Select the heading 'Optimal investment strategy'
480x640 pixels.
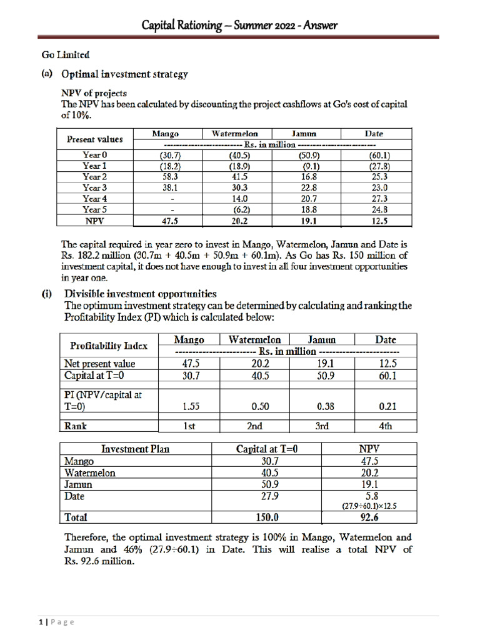click(124, 74)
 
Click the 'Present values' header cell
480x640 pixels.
click(95, 139)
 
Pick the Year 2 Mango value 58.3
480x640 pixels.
click(168, 177)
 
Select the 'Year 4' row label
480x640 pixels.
click(95, 199)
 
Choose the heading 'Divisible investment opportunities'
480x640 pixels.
click(141, 293)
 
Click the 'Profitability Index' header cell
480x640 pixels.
click(109, 345)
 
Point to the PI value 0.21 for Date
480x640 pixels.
click(386, 406)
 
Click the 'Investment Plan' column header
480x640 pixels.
click(136, 449)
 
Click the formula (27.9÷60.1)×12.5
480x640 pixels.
click(369, 506)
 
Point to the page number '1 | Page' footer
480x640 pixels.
click(53, 622)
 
